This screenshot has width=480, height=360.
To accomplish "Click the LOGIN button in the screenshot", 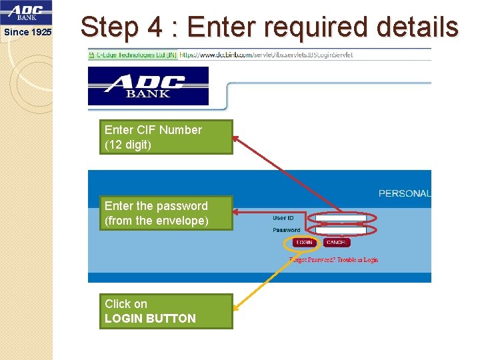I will coord(304,243).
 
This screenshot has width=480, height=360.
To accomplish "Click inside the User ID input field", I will coord(341,218).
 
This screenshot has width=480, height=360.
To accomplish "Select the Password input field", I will coord(341,230).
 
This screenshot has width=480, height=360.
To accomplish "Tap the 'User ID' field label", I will coord(283,218).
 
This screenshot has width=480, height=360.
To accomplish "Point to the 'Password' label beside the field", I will coord(286,230).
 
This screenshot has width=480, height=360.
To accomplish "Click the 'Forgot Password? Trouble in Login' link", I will coord(333,259).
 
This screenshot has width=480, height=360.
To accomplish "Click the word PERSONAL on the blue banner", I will coord(404,193).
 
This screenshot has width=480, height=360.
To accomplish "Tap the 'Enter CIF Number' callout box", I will coord(166,137).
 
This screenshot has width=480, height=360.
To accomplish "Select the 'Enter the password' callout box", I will coord(166,213).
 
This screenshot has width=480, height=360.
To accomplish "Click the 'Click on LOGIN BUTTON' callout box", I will coord(166,311).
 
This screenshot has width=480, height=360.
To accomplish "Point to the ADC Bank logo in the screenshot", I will coord(148,85).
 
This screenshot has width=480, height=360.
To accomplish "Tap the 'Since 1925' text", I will coord(27,32).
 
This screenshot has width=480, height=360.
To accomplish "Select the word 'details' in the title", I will coord(417,27).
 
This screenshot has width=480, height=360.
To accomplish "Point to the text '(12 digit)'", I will coord(128,145).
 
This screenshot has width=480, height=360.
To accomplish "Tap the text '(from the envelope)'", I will coord(156,221).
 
